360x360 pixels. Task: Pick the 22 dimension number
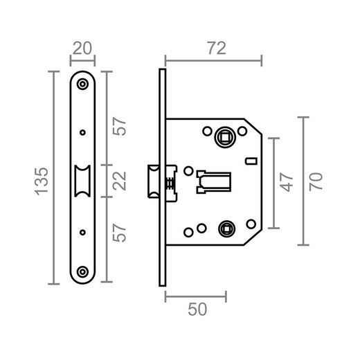point(120,181)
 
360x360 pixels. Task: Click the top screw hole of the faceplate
point(83,84)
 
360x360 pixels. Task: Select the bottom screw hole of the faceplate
point(83,272)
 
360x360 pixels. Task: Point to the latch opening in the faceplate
point(83,181)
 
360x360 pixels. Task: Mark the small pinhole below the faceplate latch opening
point(83,232)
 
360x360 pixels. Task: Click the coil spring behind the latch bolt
point(170,181)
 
